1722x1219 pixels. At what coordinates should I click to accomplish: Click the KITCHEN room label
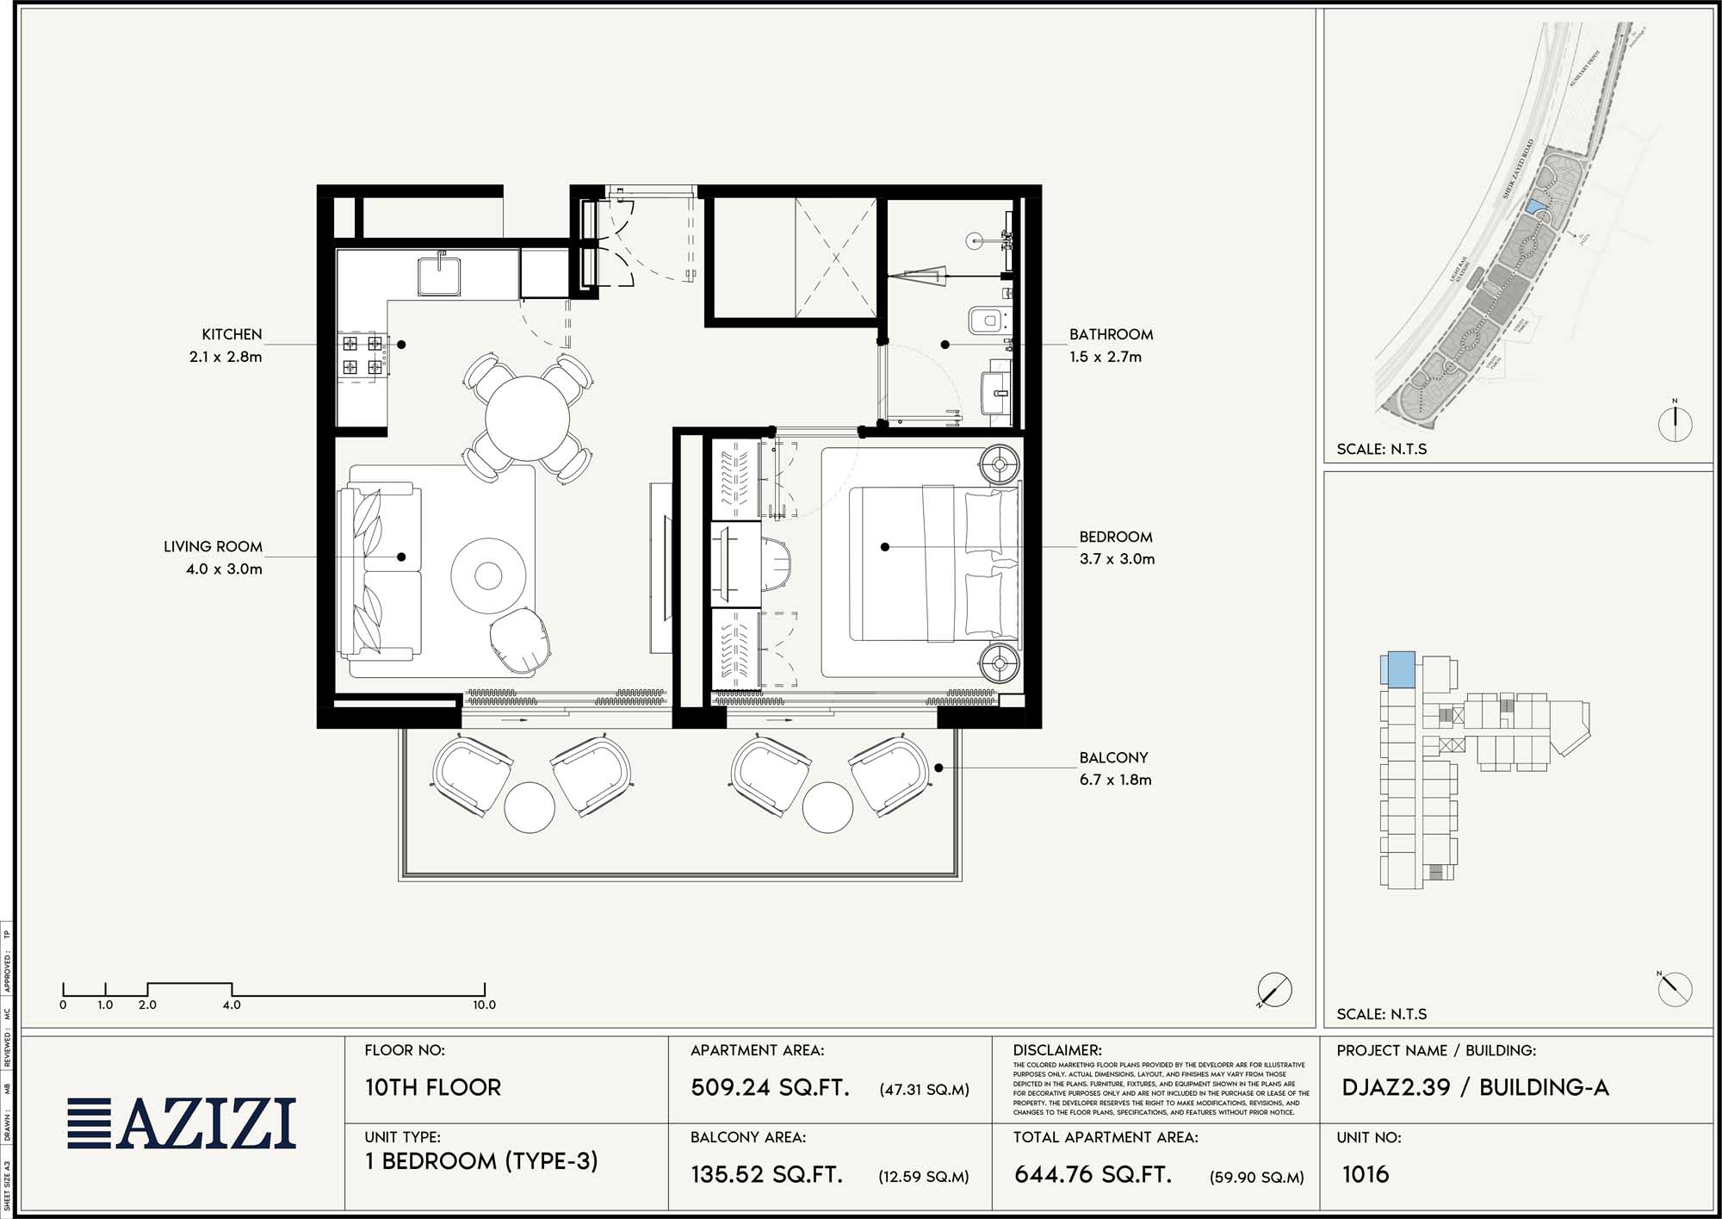pos(232,334)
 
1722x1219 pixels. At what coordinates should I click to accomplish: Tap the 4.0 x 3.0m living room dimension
pos(224,569)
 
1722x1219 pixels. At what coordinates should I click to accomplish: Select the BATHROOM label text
pos(1111,334)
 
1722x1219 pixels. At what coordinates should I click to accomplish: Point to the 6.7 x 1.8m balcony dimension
pos(1115,780)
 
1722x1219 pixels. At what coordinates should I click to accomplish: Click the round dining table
pos(527,419)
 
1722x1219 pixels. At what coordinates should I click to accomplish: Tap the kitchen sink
pos(440,275)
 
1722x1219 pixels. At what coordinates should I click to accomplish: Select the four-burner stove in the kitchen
pos(362,355)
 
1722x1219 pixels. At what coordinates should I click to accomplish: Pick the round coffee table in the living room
pos(488,575)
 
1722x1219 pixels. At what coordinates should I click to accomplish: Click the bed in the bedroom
pos(930,564)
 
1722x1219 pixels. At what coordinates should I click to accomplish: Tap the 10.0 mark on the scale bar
pos(484,1004)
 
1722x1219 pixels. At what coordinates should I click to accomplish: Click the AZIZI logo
pos(182,1123)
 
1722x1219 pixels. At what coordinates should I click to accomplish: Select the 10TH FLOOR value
pos(432,1087)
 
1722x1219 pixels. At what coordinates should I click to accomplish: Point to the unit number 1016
pos(1365,1174)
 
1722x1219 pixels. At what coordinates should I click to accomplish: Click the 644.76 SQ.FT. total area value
pos(1093,1174)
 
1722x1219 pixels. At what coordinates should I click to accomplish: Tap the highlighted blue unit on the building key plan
pos(1398,669)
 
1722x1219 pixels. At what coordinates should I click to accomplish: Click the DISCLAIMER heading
pos(1056,1050)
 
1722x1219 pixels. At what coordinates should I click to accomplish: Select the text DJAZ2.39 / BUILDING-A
pos(1474,1087)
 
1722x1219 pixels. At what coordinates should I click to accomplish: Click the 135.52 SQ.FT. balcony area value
pos(766,1174)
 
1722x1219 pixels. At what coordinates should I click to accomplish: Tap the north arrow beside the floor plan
pos(1274,990)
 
